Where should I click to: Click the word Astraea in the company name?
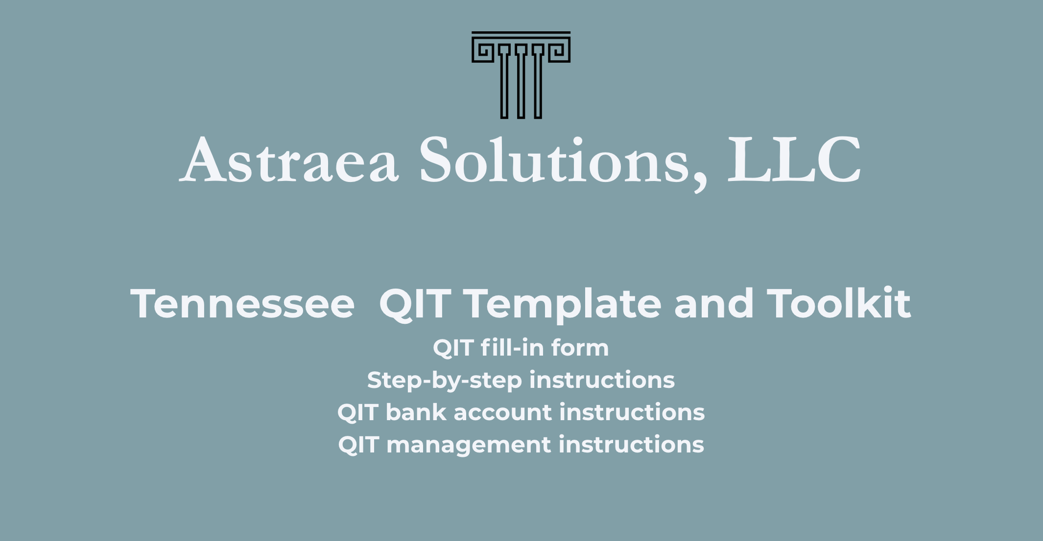[289, 159]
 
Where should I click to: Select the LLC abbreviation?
[794, 159]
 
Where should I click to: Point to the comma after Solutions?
[700, 183]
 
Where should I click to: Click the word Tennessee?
[242, 304]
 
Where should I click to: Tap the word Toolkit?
[838, 303]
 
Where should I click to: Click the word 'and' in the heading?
[714, 303]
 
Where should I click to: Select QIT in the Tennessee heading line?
[414, 304]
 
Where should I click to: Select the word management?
[469, 446]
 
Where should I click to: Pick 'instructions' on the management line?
[631, 444]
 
